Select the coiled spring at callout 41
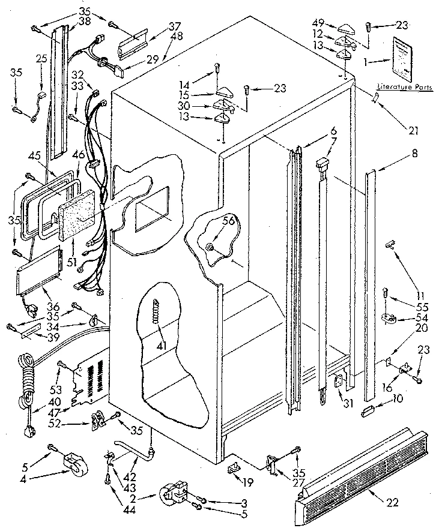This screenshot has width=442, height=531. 158,313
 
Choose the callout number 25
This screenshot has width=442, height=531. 41,58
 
